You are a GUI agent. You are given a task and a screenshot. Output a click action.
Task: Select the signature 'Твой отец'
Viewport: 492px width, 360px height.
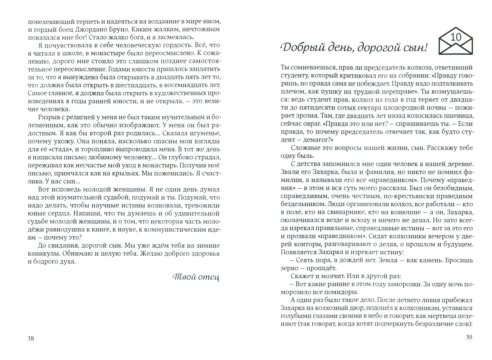(196, 277)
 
